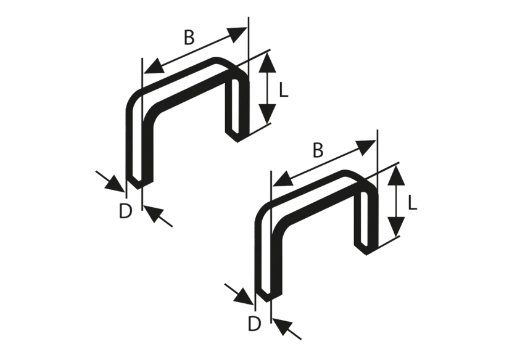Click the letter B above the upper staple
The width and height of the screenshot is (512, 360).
189,38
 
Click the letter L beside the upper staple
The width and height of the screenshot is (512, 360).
283,91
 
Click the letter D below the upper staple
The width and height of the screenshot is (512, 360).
125,211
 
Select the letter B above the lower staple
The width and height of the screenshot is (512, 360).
318,150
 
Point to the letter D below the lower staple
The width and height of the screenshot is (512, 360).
254,323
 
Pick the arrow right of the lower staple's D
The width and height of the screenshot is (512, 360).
286,329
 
